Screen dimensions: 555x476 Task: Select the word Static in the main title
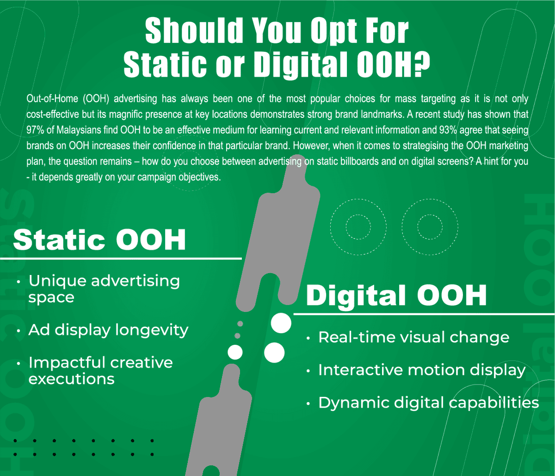[x=165, y=64]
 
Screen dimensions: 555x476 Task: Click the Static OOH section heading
[x=99, y=239]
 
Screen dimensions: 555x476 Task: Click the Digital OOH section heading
[x=396, y=295]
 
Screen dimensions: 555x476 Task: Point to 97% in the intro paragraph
[x=35, y=130]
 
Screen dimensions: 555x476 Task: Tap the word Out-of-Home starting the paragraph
[x=52, y=99]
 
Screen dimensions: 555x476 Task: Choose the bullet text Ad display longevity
[x=109, y=330]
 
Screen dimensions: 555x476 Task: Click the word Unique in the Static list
[x=57, y=281]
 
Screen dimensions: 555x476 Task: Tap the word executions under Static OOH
[x=71, y=379]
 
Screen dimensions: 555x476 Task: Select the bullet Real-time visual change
[x=414, y=337]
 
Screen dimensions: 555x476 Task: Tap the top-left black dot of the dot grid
[x=15, y=440]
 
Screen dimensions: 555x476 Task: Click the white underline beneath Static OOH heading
[x=121, y=259]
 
